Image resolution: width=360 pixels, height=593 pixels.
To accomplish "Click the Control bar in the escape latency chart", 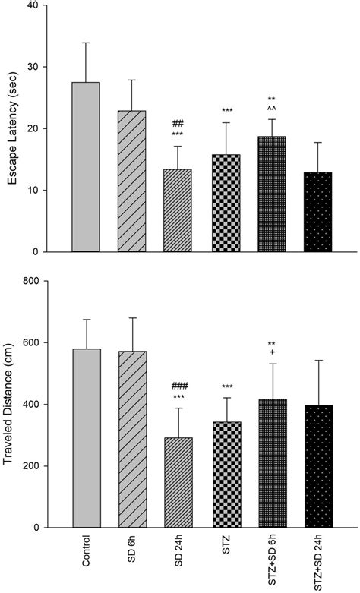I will [87, 167].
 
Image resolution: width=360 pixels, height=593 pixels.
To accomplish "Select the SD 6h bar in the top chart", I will [132, 181].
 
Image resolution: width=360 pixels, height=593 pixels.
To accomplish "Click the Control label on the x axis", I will [87, 558].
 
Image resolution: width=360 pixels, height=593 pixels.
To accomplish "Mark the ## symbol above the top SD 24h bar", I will [179, 123].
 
